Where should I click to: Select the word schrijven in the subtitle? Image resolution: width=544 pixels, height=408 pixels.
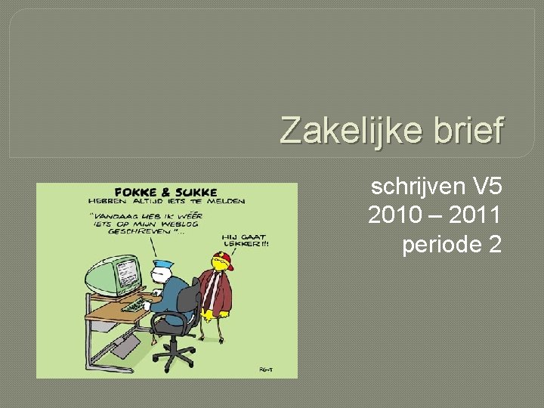coord(410,186)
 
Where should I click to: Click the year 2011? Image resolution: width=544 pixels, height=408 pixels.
coord(474,215)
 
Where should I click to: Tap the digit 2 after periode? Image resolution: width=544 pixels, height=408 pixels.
coord(494,245)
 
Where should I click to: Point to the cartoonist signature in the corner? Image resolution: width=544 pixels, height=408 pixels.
coord(265,368)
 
